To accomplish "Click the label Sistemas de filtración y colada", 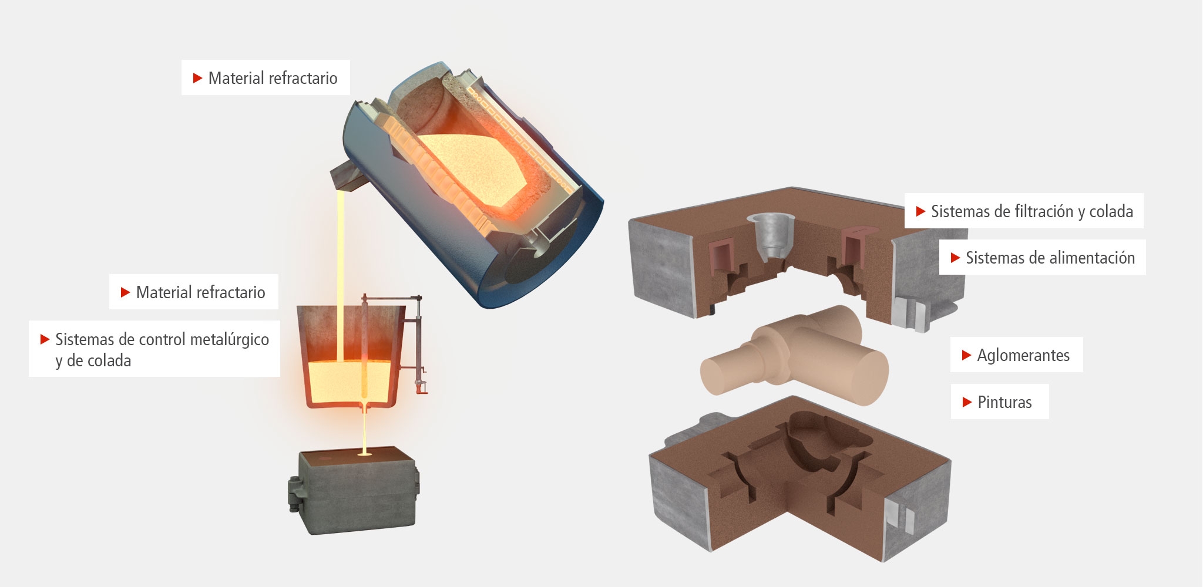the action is point(1024,211).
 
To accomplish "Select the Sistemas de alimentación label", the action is point(1042,257).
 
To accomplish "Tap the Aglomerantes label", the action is point(1016,355).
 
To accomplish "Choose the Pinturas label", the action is point(1000,402).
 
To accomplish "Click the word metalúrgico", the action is point(230,339).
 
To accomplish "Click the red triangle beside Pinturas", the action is point(967,402).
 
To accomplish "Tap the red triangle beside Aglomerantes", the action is point(966,355).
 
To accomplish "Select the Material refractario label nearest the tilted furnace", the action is point(266,77).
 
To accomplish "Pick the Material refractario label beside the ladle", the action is point(194,292).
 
